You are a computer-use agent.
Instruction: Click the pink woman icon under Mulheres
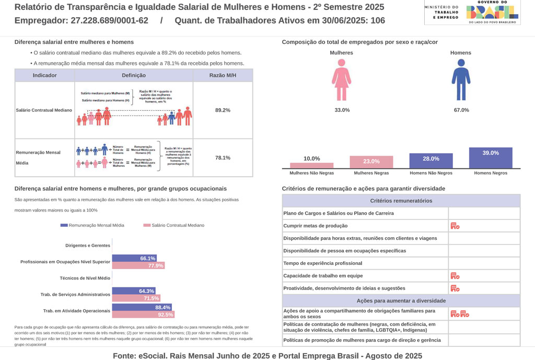(x=342, y=79)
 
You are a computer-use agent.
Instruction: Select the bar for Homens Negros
(x=491, y=158)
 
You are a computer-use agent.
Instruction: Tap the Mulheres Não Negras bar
(x=312, y=165)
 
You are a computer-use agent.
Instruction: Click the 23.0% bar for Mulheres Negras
(x=371, y=162)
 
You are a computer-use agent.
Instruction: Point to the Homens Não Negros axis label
(x=431, y=173)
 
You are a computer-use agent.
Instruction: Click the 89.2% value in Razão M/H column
(x=223, y=110)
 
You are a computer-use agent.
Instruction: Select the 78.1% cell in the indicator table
(x=223, y=158)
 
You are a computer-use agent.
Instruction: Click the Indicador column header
(x=45, y=75)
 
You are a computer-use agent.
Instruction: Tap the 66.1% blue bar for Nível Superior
(x=135, y=258)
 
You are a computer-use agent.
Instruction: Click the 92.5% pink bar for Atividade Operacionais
(x=143, y=315)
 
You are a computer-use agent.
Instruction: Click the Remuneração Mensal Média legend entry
(x=93, y=225)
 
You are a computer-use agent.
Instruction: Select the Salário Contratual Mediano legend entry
(x=174, y=225)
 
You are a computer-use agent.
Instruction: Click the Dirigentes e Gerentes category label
(x=88, y=246)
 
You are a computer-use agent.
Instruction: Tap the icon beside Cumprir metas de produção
(x=455, y=226)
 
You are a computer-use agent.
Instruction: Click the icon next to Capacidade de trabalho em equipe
(x=455, y=276)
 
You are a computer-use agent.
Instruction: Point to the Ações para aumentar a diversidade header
(x=401, y=301)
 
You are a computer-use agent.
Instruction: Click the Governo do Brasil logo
(x=492, y=11)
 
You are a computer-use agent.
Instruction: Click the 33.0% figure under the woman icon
(x=342, y=110)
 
